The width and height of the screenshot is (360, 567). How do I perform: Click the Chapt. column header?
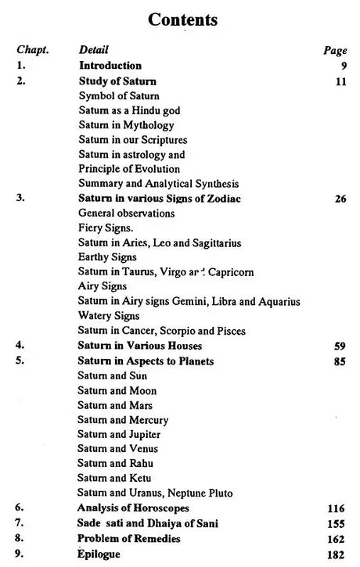(32, 50)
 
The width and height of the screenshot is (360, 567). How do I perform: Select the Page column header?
(334, 51)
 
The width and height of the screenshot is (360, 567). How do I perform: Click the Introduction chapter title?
(110, 66)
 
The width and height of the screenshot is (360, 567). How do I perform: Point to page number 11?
(339, 81)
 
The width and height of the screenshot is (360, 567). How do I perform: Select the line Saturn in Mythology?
(126, 125)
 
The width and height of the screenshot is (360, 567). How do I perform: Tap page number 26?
(339, 199)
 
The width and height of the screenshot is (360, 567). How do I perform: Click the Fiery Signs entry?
(103, 228)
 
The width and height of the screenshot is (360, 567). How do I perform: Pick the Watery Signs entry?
(106, 316)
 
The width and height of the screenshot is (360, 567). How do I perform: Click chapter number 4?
(20, 346)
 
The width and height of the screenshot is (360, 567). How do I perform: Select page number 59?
(339, 346)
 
